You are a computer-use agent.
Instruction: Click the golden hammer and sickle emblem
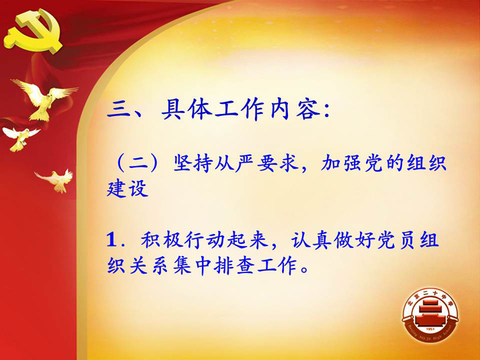[x=34, y=31]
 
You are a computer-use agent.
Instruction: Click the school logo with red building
[x=430, y=314]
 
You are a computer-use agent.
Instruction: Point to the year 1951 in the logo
[x=430, y=329]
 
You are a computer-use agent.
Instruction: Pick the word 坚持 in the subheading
[x=193, y=163]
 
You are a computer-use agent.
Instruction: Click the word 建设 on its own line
[x=127, y=188]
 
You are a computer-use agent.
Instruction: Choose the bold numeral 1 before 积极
[x=112, y=239]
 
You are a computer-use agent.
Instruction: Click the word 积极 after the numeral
[x=160, y=239]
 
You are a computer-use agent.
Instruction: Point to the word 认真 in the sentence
[x=311, y=239]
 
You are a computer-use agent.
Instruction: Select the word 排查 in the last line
[x=234, y=265]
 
